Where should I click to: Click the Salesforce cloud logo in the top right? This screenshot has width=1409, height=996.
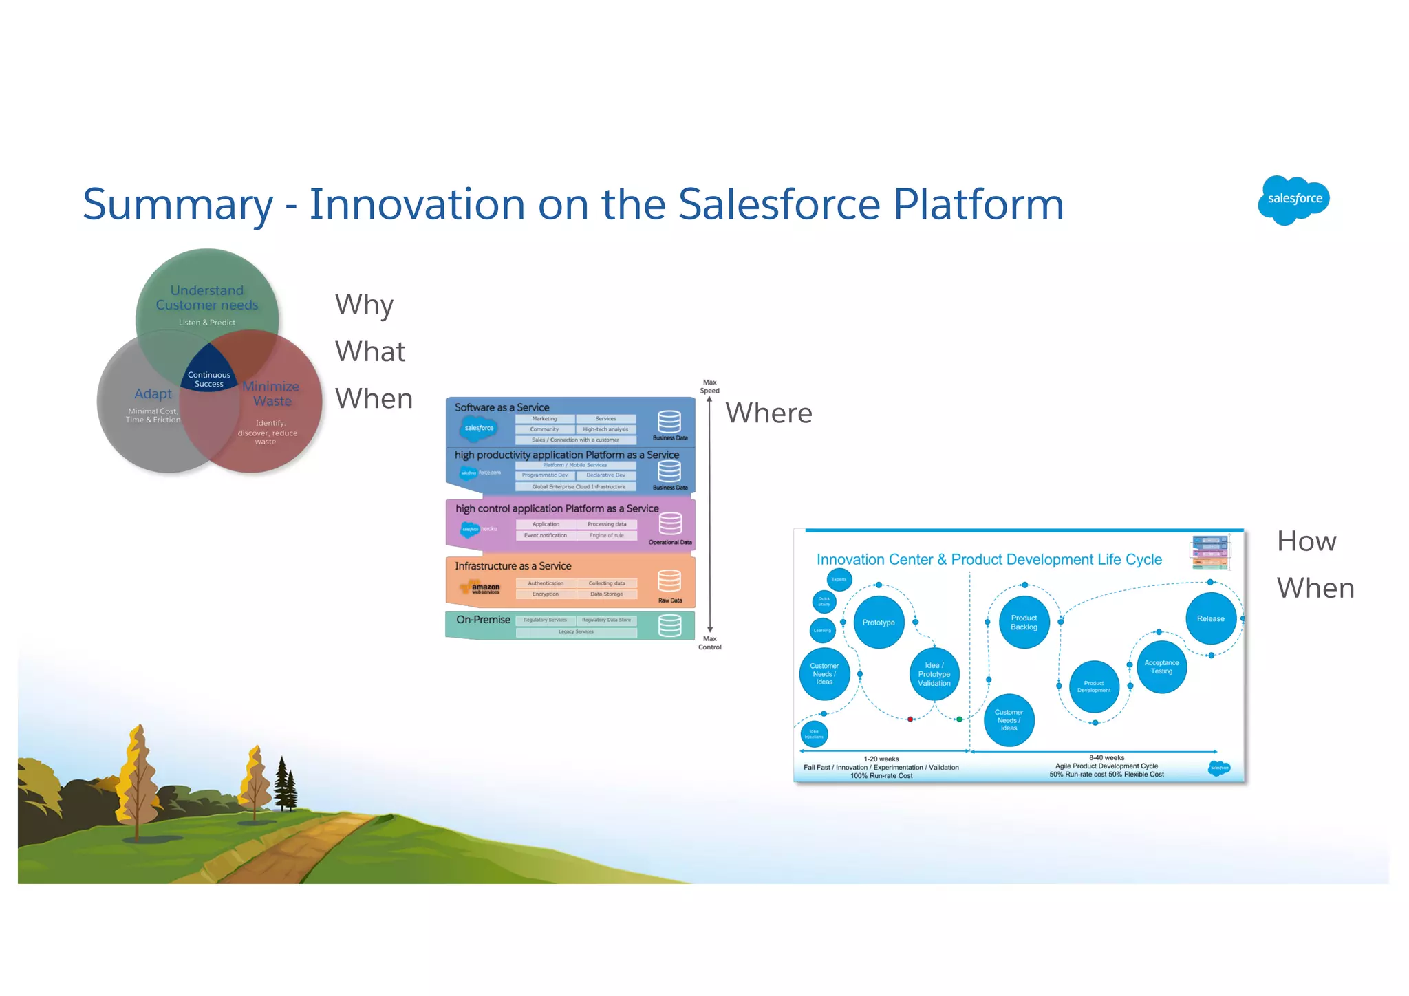[x=1293, y=199]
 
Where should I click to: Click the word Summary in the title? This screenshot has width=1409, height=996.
[x=178, y=205]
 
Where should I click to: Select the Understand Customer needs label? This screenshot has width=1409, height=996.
[x=207, y=298]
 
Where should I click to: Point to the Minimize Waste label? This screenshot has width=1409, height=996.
[x=272, y=393]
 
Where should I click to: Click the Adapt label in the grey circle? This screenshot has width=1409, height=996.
[x=153, y=393]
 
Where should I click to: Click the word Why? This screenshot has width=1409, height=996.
[x=364, y=305]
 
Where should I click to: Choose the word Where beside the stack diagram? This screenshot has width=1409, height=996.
[x=768, y=413]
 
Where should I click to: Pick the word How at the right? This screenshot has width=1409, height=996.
[x=1306, y=541]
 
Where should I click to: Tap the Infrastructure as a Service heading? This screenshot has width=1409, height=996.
[x=513, y=566]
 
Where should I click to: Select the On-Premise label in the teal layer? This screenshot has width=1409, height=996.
[x=483, y=620]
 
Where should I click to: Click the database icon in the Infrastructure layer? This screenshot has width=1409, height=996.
[x=669, y=581]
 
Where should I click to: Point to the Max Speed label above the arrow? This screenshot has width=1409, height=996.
[x=709, y=387]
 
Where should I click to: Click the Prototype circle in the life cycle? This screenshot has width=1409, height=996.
[x=879, y=622]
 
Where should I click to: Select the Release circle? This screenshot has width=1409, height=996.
[x=1210, y=618]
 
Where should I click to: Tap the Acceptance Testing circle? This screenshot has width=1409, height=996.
[x=1161, y=667]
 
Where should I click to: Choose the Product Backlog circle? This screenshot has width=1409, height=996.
[x=1024, y=622]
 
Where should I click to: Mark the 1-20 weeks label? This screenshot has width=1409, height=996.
[x=881, y=759]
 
